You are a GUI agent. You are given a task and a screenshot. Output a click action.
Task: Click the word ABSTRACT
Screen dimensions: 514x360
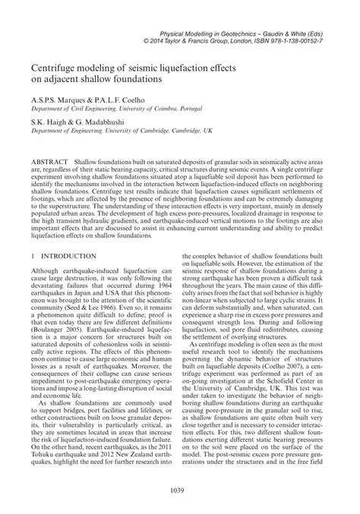tap(49, 164)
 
